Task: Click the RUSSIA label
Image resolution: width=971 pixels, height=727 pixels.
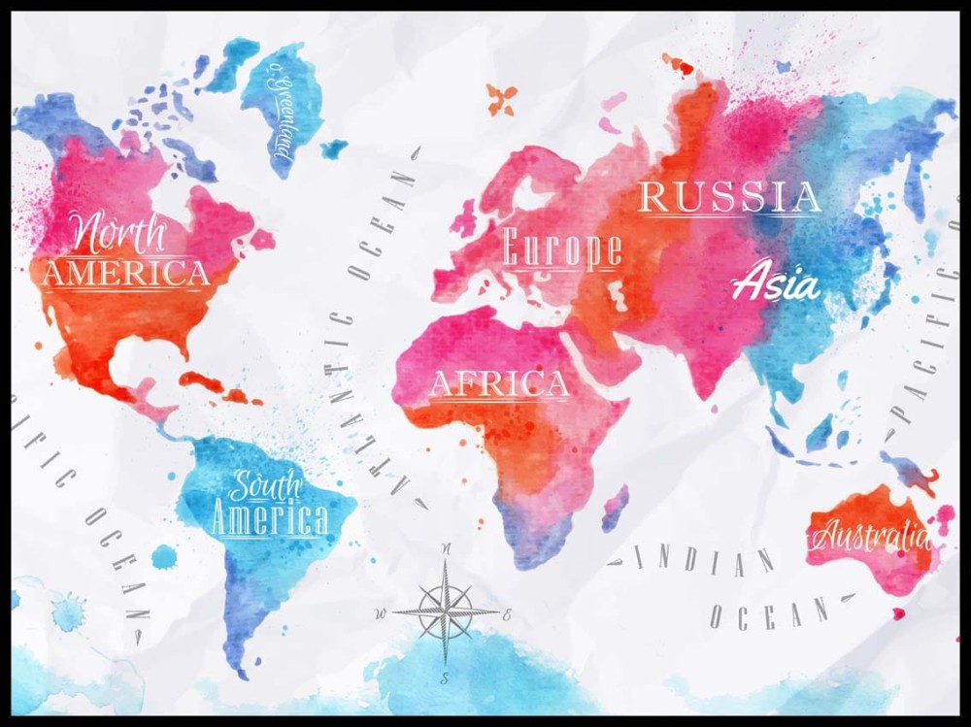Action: click(729, 198)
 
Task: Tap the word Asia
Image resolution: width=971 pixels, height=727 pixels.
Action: click(775, 283)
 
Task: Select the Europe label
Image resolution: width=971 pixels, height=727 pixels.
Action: click(562, 250)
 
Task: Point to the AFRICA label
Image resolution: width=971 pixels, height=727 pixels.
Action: click(499, 384)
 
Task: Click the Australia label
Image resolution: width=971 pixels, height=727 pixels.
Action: click(870, 535)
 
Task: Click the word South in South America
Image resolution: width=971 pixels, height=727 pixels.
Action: click(266, 483)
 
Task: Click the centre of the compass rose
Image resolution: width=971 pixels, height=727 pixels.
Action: click(446, 612)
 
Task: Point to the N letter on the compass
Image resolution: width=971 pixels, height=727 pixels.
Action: click(447, 550)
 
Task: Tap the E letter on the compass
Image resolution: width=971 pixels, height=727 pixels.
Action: click(508, 615)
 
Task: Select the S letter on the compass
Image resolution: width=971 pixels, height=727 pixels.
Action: click(446, 677)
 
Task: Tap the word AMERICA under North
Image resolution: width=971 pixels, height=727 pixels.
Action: click(125, 274)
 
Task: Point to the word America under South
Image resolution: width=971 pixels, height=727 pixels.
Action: click(269, 519)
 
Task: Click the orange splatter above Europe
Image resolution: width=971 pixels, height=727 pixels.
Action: click(502, 98)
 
